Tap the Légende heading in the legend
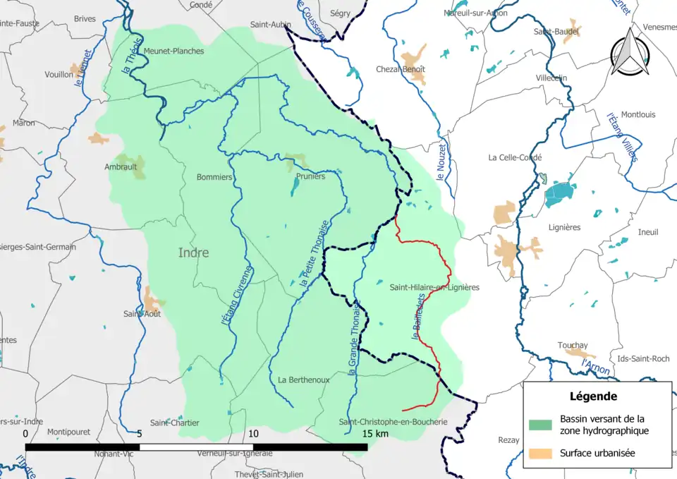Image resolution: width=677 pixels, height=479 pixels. [x=593, y=396]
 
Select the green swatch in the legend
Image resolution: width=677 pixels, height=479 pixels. [x=540, y=424]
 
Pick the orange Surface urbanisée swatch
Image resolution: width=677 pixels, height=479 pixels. [x=540, y=453]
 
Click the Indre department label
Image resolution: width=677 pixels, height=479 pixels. [x=193, y=253]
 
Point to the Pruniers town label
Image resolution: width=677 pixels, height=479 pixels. [x=311, y=176]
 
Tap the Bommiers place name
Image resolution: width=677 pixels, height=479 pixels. [x=214, y=177]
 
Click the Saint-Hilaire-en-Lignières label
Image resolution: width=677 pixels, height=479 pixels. [x=434, y=287]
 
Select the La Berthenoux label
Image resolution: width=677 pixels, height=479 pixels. [x=304, y=380]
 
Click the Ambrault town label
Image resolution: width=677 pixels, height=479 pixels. [x=121, y=167]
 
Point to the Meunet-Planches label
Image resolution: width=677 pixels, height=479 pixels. [x=173, y=51]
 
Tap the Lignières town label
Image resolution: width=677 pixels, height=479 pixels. [x=564, y=227]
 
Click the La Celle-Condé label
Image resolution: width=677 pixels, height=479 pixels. [x=515, y=157]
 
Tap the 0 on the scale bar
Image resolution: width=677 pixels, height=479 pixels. [x=26, y=433]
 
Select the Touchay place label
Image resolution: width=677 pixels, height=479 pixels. [x=573, y=345]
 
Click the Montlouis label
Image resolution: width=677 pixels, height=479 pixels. [x=638, y=114]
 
